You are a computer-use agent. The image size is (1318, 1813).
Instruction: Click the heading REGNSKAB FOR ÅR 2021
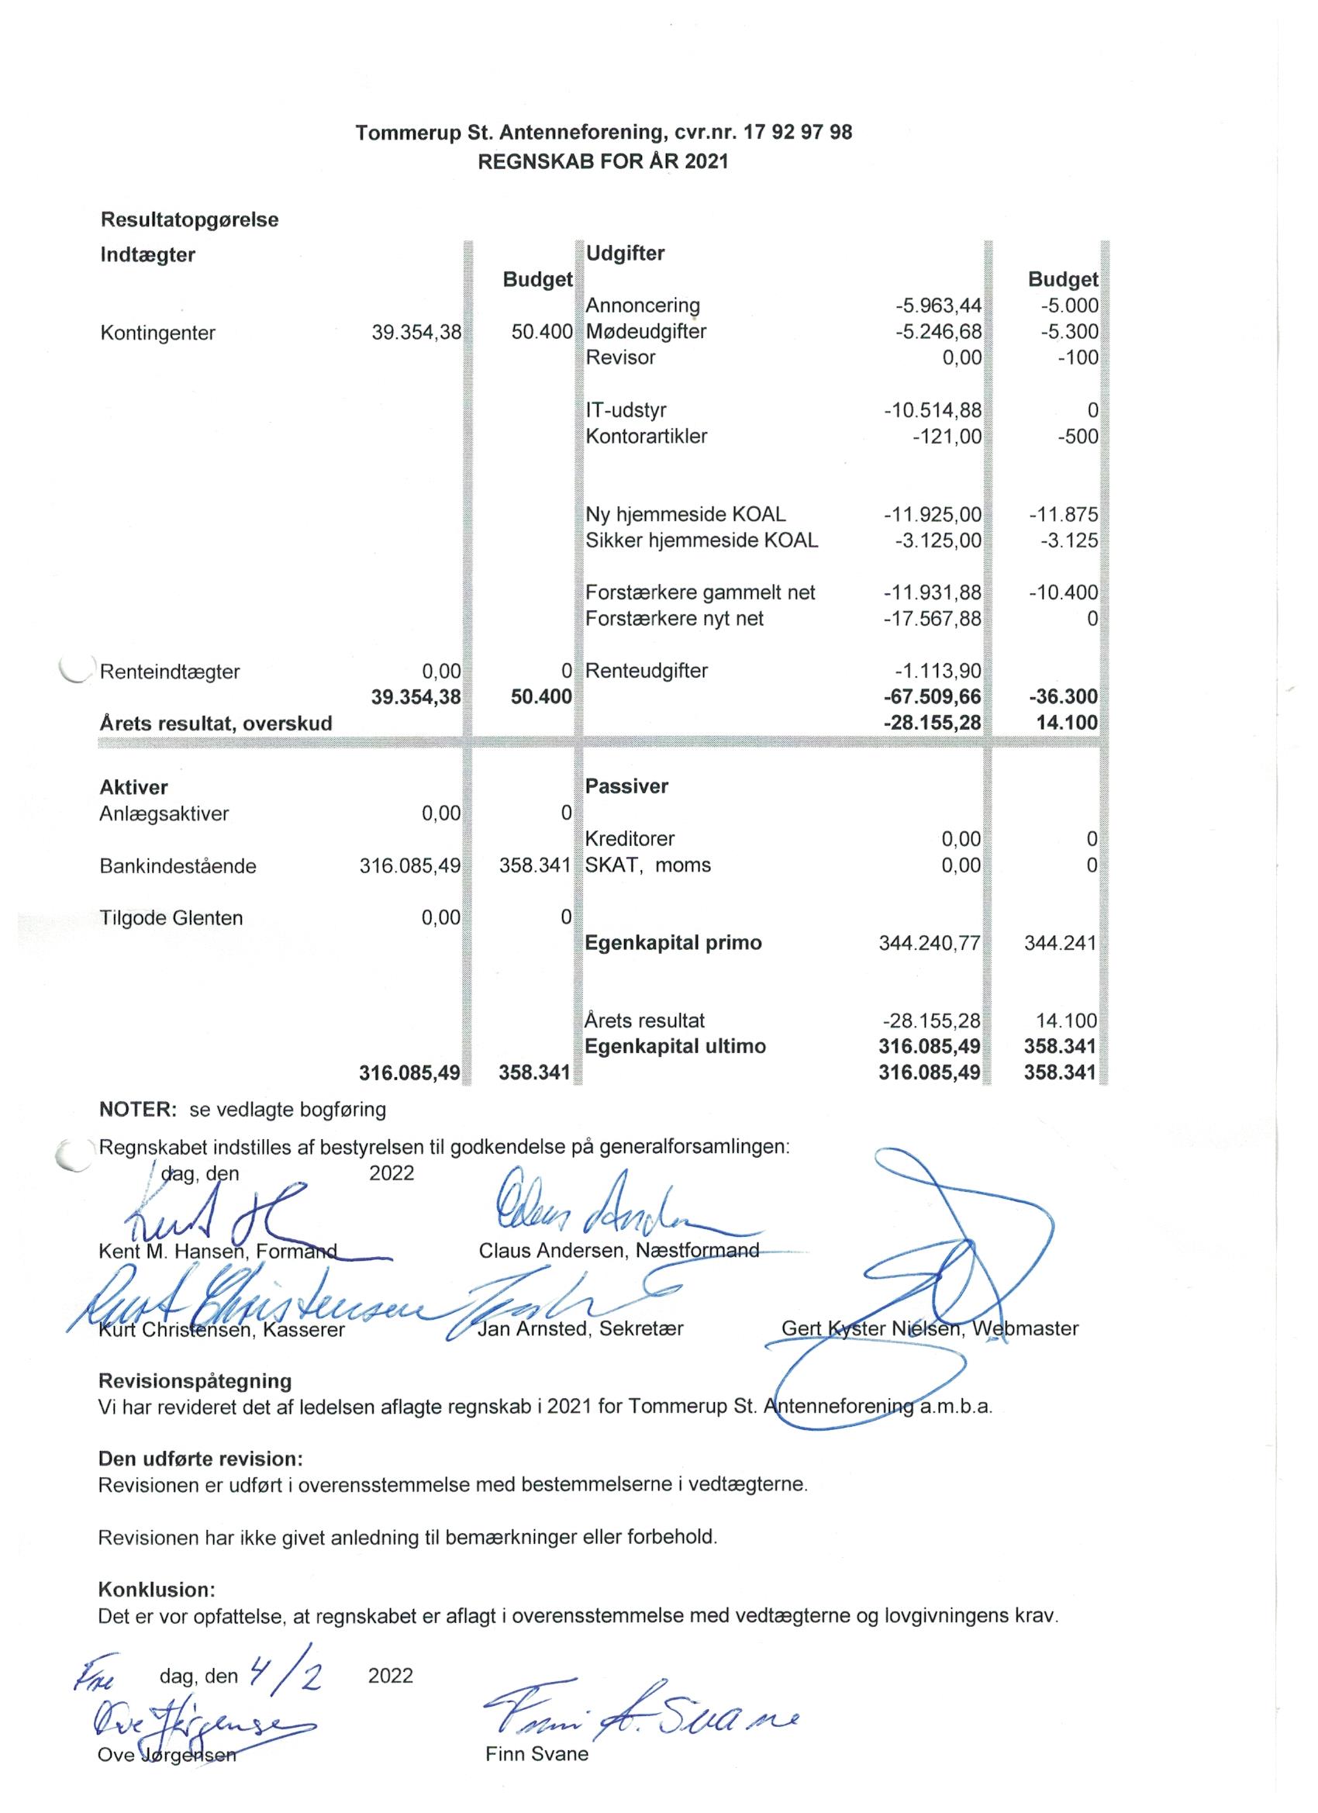(602, 161)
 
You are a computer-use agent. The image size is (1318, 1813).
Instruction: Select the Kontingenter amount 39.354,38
(416, 333)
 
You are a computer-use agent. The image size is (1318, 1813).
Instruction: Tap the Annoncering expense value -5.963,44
(937, 306)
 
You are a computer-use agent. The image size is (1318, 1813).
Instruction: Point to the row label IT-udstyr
(625, 410)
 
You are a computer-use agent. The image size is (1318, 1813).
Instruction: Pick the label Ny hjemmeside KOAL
(685, 514)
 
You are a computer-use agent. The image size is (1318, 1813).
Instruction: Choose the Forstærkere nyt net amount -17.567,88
(932, 618)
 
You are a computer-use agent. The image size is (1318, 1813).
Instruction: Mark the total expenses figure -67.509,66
(932, 696)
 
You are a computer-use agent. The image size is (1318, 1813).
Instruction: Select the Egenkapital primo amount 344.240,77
(929, 943)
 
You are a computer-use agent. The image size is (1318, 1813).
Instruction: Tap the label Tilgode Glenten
(171, 917)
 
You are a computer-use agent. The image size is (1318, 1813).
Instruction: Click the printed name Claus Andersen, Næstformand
(619, 1251)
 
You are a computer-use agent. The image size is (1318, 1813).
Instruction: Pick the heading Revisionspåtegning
(195, 1380)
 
